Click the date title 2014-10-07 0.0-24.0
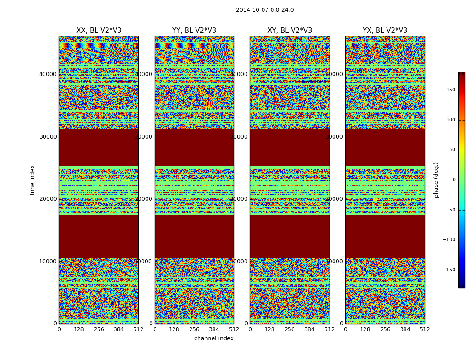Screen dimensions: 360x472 click(x=265, y=10)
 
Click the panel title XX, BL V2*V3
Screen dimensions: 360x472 click(x=99, y=31)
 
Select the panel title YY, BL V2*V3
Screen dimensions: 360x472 click(x=194, y=31)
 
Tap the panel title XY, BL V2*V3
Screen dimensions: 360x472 click(x=289, y=31)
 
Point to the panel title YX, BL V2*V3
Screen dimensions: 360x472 click(x=385, y=31)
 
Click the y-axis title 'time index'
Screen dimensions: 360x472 click(x=32, y=180)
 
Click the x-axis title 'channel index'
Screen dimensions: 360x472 click(x=214, y=338)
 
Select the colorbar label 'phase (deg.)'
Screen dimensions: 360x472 click(x=436, y=180)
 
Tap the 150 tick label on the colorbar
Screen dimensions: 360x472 click(x=450, y=90)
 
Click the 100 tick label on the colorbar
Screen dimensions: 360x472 click(x=450, y=120)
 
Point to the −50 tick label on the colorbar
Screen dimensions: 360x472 click(x=450, y=210)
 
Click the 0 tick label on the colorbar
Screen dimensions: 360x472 click(x=454, y=180)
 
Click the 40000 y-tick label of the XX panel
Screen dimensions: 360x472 click(x=49, y=74)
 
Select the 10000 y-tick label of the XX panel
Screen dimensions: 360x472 click(x=49, y=261)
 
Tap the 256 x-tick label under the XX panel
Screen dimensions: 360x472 click(x=99, y=329)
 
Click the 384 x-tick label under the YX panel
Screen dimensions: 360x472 click(x=405, y=329)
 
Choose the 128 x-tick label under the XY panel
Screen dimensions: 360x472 click(x=270, y=329)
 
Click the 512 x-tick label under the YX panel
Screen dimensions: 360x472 click(x=425, y=329)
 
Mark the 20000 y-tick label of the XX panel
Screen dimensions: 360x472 click(x=49, y=199)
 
